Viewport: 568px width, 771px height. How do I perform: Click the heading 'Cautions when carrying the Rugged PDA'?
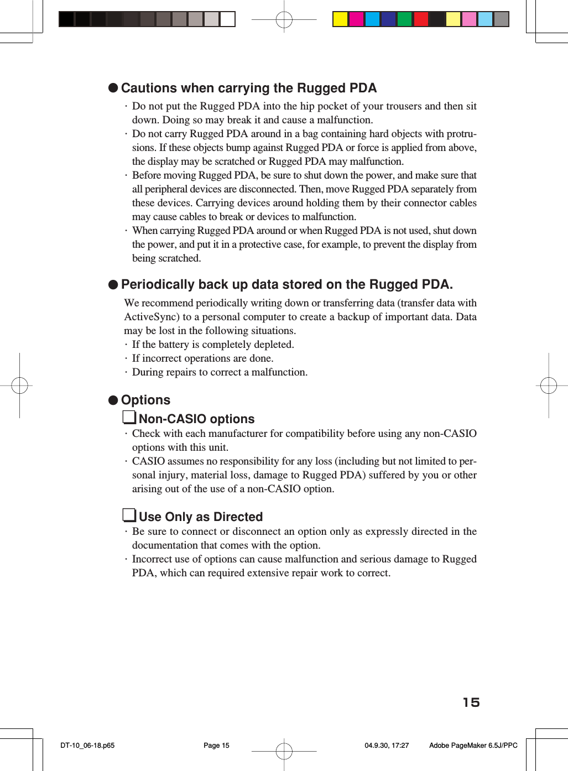[x=248, y=88]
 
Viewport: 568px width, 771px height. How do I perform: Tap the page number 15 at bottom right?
[x=471, y=702]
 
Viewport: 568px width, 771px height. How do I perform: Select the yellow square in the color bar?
[x=340, y=19]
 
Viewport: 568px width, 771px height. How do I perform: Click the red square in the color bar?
[x=421, y=19]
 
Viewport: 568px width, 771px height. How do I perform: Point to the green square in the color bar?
[x=405, y=19]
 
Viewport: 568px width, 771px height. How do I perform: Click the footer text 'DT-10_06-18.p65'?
[x=87, y=746]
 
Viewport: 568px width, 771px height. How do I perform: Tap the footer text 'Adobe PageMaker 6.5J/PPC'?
[x=473, y=746]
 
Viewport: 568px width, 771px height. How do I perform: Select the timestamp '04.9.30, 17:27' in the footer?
[x=387, y=746]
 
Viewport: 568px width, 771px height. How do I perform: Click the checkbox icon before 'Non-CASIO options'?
[x=129, y=418]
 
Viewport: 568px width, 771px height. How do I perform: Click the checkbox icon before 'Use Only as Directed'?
[x=129, y=515]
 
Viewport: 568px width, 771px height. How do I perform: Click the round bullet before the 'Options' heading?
[x=113, y=400]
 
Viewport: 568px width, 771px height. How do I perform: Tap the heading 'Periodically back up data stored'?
[x=286, y=285]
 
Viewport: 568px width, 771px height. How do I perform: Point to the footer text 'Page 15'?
[x=216, y=746]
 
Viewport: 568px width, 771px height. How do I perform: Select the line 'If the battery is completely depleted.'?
[x=213, y=345]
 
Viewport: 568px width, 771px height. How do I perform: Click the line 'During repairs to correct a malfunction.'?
[x=220, y=372]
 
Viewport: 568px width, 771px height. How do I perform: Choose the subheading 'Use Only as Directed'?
[x=200, y=517]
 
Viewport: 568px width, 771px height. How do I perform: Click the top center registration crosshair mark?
[x=284, y=20]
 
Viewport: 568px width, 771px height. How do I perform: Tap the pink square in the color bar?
[x=469, y=19]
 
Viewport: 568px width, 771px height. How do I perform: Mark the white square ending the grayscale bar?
[x=227, y=19]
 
